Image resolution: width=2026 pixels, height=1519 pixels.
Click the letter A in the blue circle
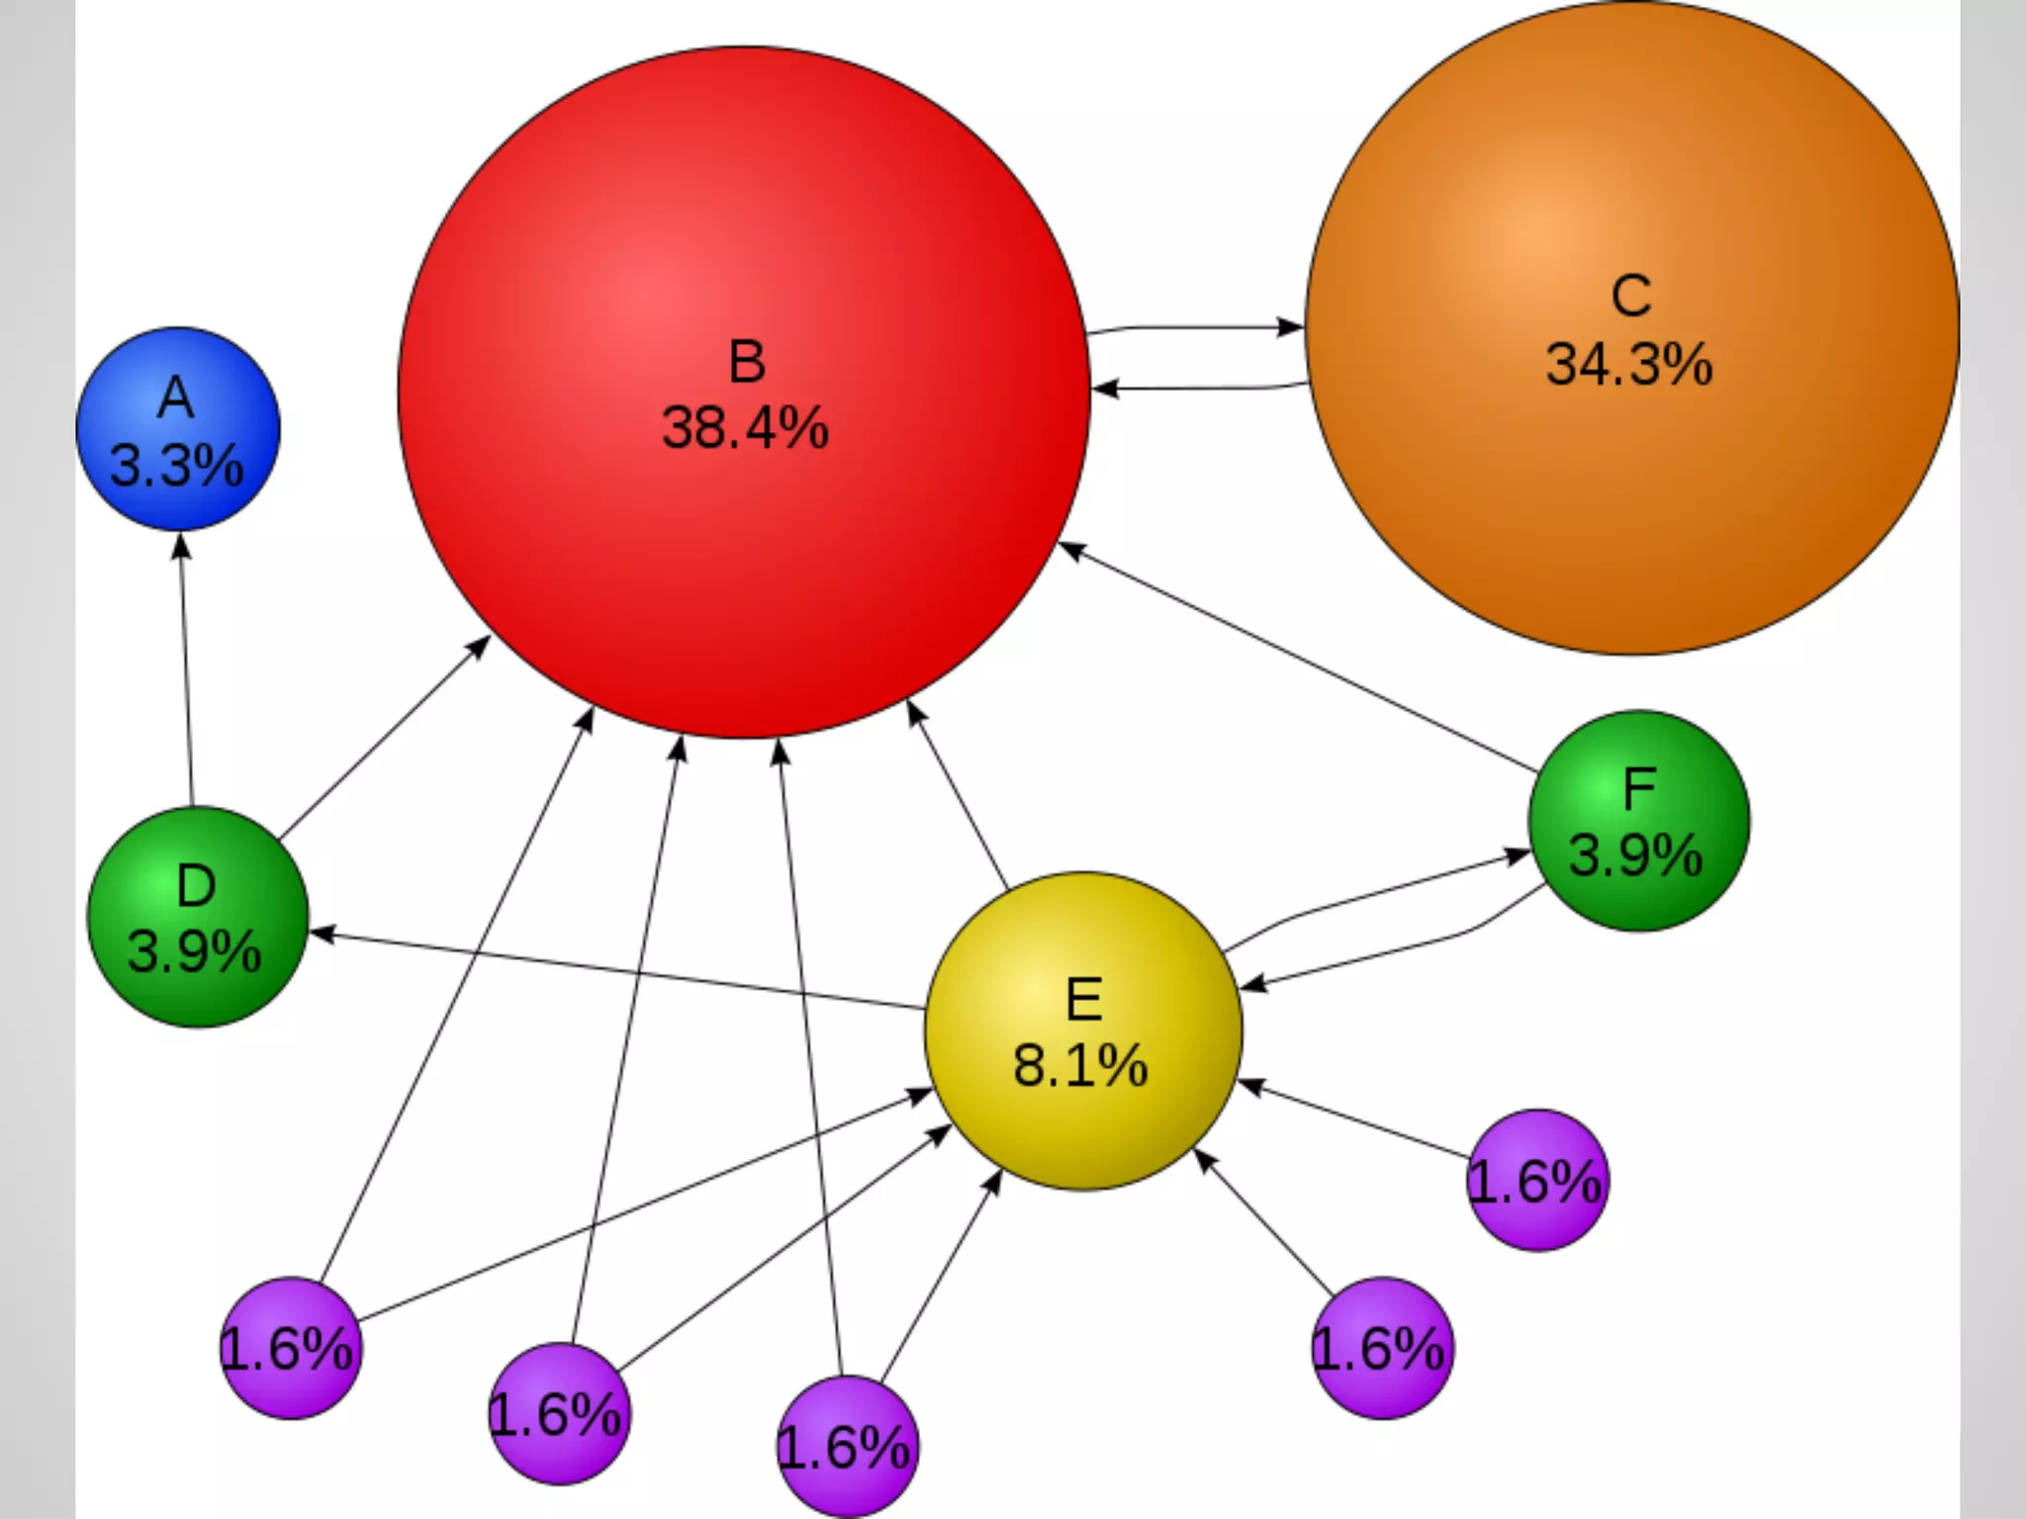pos(176,399)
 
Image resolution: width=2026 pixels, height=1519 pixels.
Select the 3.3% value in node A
pos(176,465)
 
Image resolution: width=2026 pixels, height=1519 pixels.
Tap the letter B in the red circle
pos(747,362)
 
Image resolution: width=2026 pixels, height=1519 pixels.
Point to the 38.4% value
pos(745,428)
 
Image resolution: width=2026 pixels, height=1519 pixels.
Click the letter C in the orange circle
pos(1630,296)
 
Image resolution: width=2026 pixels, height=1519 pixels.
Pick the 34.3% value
pos(1629,364)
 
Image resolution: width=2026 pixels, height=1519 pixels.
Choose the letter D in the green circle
pos(196,886)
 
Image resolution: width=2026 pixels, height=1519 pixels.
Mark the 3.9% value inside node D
pos(195,951)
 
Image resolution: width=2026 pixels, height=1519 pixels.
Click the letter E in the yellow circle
pos(1084,999)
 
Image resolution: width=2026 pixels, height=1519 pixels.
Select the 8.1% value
pos(1080,1066)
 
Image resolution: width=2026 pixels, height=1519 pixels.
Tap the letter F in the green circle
pos(1639,789)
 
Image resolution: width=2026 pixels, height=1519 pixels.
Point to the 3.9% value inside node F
pos(1636,855)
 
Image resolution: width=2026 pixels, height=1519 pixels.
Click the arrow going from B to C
pos(1197,327)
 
